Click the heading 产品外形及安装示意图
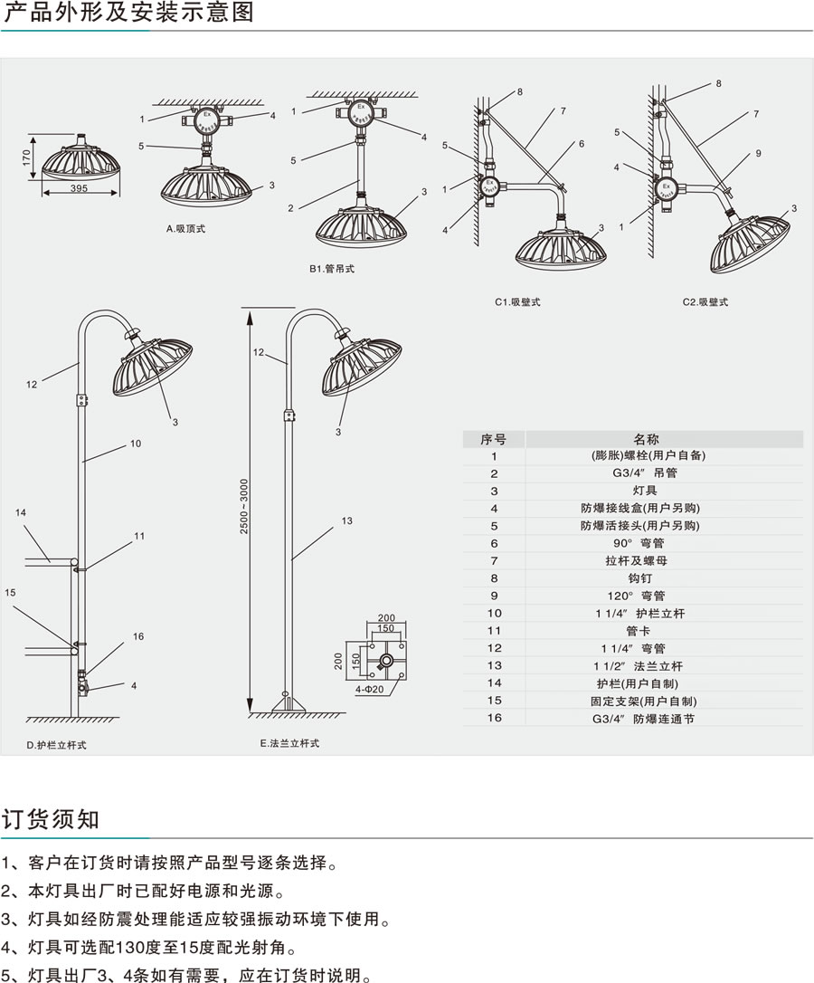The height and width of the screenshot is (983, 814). pyautogui.click(x=128, y=13)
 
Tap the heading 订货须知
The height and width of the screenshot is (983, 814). pyautogui.click(x=51, y=819)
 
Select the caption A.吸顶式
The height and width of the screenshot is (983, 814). pyautogui.click(x=185, y=229)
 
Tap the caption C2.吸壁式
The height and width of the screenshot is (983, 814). pyautogui.click(x=705, y=301)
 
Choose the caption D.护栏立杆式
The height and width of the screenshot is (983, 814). pyautogui.click(x=57, y=745)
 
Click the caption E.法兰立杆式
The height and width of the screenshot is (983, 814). pyautogui.click(x=289, y=742)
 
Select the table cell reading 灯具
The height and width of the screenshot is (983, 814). pyautogui.click(x=633, y=491)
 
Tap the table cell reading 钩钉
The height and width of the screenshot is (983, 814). pyautogui.click(x=633, y=577)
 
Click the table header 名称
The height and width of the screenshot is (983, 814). pyautogui.click(x=633, y=439)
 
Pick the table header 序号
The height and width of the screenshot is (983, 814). pyautogui.click(x=494, y=439)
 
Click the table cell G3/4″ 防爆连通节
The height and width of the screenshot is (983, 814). pyautogui.click(x=633, y=719)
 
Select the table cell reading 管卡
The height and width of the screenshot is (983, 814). pyautogui.click(x=633, y=631)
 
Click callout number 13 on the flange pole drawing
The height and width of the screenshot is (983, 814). pyautogui.click(x=346, y=520)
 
